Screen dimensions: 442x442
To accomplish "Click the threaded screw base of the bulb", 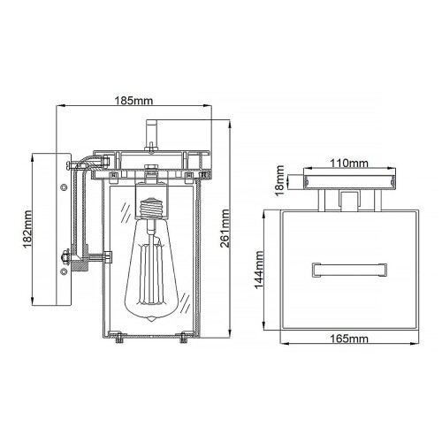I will [152, 209].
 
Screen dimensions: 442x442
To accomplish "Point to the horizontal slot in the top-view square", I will [348, 265].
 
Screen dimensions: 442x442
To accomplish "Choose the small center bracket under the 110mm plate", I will [348, 202].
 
